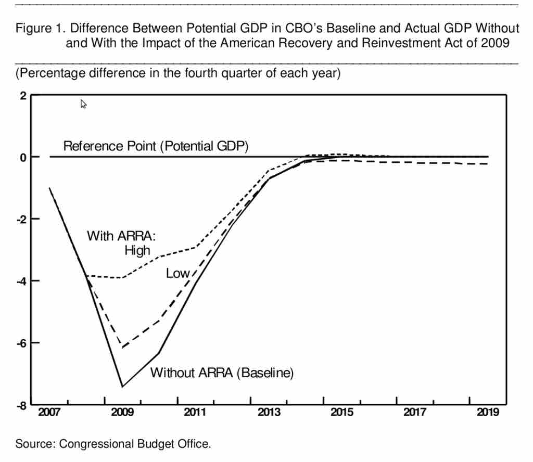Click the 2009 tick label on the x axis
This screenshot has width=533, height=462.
point(122,413)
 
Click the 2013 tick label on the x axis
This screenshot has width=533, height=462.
point(269,413)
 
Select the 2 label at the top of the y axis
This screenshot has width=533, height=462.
point(23,96)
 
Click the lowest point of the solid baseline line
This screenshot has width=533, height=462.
point(122,387)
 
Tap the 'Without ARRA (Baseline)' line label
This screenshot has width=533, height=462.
point(222,373)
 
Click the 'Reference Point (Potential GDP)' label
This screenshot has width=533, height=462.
point(156,146)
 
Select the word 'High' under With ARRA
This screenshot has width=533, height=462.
point(137,250)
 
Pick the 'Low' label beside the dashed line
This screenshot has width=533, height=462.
point(177,273)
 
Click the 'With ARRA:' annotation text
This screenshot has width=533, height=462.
point(121,236)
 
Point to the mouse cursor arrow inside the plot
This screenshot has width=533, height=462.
point(83,104)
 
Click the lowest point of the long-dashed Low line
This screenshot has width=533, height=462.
point(122,348)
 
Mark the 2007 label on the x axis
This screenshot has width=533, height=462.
point(49,413)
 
